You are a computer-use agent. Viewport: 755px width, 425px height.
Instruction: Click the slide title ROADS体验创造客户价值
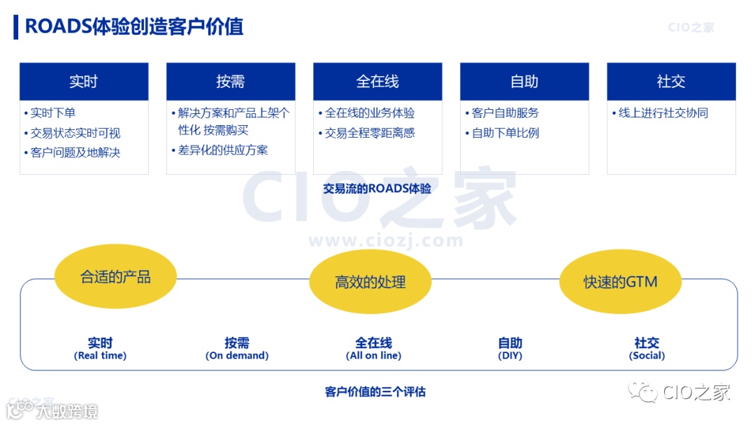(134, 27)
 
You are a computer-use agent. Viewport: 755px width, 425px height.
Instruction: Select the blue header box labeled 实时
(84, 82)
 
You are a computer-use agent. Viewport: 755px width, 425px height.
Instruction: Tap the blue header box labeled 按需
(231, 82)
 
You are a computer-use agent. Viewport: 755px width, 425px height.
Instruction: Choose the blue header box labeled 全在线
(377, 82)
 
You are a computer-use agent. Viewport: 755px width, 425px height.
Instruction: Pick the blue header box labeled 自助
(524, 82)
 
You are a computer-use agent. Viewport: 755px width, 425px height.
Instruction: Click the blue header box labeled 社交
(671, 82)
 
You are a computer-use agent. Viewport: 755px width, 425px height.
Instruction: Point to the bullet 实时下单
(52, 113)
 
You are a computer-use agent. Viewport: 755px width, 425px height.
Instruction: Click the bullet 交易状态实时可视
(75, 133)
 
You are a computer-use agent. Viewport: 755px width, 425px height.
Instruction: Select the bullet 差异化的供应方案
(222, 150)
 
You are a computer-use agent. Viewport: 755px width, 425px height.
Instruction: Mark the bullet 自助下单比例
(505, 133)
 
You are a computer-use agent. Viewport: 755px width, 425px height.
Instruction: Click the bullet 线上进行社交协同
(663, 113)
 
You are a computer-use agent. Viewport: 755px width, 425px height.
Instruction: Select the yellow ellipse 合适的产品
(115, 277)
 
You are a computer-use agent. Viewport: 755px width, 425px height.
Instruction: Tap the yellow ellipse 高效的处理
(371, 282)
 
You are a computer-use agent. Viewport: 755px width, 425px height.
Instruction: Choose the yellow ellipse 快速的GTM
(621, 282)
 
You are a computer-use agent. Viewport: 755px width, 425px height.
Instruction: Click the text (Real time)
(100, 356)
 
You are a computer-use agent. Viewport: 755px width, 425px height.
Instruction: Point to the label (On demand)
(237, 356)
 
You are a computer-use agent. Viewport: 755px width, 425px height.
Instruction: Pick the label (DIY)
(510, 356)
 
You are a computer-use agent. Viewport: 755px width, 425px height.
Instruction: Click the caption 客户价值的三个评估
(375, 392)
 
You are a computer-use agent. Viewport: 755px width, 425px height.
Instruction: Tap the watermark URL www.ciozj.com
(385, 241)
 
